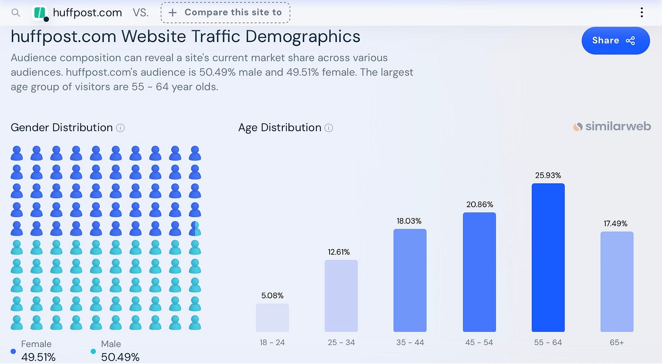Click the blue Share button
(616, 41)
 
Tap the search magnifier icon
(16, 13)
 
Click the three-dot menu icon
(642, 12)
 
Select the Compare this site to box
(226, 12)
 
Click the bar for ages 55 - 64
(548, 257)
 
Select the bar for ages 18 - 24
(272, 318)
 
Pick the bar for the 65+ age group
(617, 282)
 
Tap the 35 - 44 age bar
(410, 280)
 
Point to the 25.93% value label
(548, 175)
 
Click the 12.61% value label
(339, 252)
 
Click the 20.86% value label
(479, 204)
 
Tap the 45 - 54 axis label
(479, 342)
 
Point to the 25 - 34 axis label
(341, 342)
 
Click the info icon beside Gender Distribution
(120, 128)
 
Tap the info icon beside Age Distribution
(329, 128)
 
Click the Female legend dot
(13, 351)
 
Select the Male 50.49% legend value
(120, 357)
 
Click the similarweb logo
(612, 127)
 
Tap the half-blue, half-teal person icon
(195, 229)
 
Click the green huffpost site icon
(40, 13)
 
